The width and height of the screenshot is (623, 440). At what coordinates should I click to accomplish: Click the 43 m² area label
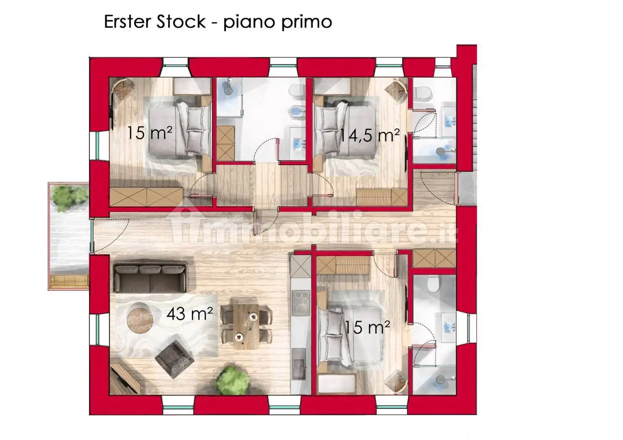tap(189, 313)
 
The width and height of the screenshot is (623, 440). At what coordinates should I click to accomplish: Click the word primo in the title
tap(306, 22)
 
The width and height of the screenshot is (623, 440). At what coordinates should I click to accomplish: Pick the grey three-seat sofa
tap(151, 278)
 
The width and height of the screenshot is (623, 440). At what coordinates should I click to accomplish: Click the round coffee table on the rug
tap(140, 320)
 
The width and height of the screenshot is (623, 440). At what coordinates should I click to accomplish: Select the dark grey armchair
tap(174, 359)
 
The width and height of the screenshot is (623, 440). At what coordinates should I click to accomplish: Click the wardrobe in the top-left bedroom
tap(146, 197)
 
